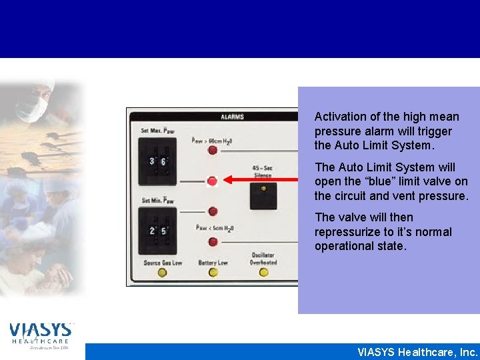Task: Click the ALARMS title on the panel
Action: tap(232, 117)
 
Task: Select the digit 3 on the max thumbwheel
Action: tap(152, 161)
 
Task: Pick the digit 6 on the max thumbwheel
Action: tap(164, 161)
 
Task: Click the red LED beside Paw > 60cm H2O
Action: tap(213, 150)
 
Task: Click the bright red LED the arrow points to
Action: tap(213, 181)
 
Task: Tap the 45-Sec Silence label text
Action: tap(263, 171)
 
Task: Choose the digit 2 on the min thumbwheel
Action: tap(152, 231)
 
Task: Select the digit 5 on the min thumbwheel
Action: tap(164, 231)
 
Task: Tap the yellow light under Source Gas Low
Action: tap(162, 272)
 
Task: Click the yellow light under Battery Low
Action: tap(213, 272)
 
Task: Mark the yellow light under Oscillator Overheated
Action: tap(263, 272)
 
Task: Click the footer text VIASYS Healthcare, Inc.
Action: tap(417, 352)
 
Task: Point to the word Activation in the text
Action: tap(339, 117)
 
